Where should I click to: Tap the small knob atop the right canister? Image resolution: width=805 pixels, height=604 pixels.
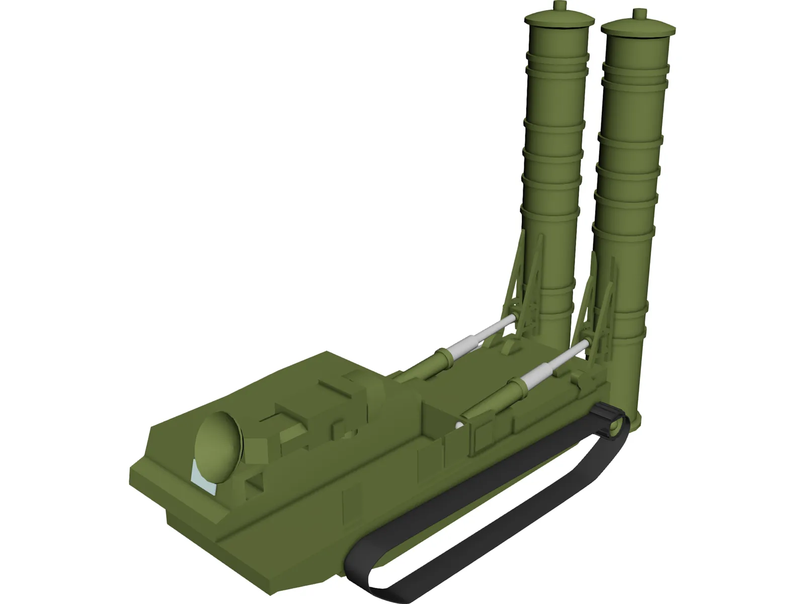[x=638, y=14]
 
